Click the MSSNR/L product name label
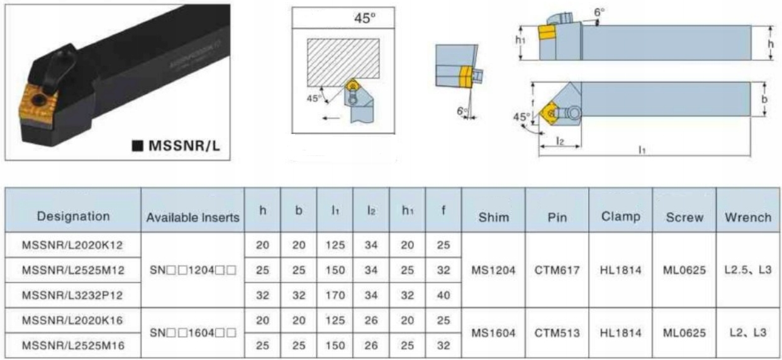click(185, 145)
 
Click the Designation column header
click(74, 216)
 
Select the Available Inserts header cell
click(193, 218)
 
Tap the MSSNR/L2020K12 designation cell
click(72, 245)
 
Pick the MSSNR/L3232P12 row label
click(72, 295)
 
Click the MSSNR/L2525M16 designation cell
click(73, 346)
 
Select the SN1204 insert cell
click(193, 270)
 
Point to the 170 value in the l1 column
click(335, 295)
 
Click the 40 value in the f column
click(444, 295)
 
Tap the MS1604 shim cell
click(493, 333)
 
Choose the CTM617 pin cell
click(557, 270)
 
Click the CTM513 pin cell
click(557, 333)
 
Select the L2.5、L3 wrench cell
click(748, 270)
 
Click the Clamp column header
click(621, 217)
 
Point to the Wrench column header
click(748, 217)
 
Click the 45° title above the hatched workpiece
click(365, 18)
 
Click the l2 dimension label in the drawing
click(560, 141)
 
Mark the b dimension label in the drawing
click(764, 99)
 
